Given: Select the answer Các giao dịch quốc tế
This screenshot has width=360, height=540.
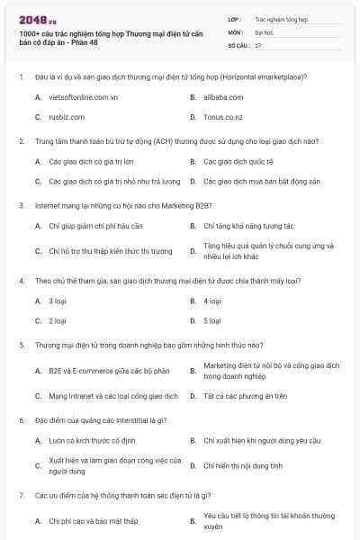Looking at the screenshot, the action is (x=238, y=161).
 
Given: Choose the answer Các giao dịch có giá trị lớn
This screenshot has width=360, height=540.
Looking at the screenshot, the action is (x=89, y=161).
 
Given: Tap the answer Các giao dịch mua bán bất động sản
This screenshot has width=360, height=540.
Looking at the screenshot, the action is (x=262, y=181).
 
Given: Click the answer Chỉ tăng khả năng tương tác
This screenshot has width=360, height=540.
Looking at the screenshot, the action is (x=248, y=226).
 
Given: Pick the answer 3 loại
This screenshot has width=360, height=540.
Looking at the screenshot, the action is (x=57, y=301).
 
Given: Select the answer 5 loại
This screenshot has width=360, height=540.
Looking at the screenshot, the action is (x=212, y=320).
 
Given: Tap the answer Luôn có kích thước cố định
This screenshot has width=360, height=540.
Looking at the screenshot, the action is (x=90, y=441).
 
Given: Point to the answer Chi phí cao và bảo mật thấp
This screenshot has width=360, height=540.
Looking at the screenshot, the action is (x=93, y=521).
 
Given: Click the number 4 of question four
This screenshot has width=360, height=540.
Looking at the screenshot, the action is (x=21, y=280).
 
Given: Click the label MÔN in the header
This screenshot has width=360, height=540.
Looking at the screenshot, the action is (x=234, y=31).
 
